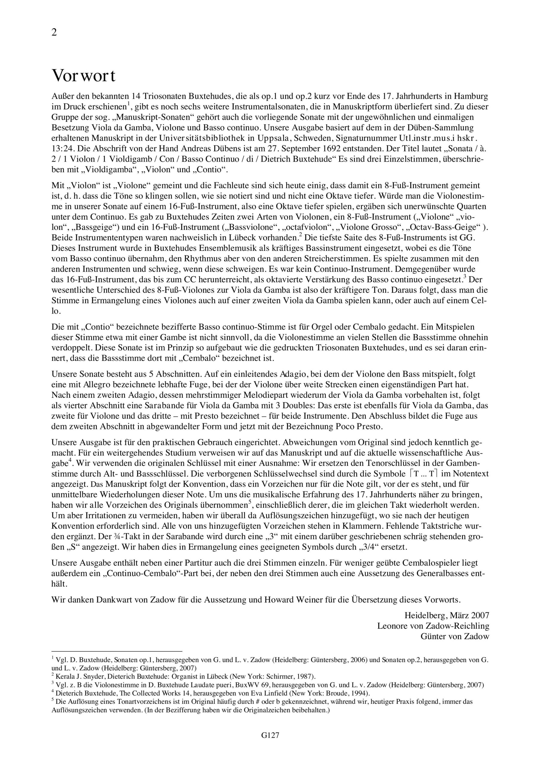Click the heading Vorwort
[x=83, y=76]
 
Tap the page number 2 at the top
[x=54, y=32]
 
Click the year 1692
[x=336, y=148]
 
